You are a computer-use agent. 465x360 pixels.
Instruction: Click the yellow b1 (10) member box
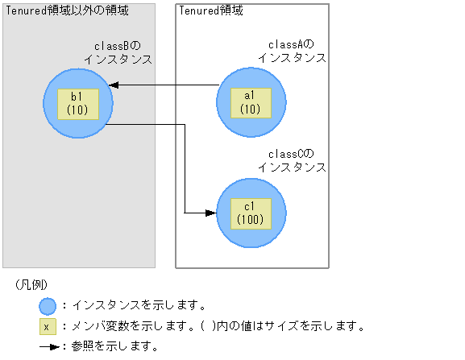click(78, 103)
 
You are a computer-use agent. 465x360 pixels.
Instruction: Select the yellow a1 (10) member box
click(251, 103)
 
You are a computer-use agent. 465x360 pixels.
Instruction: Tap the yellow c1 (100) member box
click(251, 213)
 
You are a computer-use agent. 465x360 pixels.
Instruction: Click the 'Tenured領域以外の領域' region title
click(67, 10)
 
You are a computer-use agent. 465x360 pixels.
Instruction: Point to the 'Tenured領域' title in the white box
click(211, 10)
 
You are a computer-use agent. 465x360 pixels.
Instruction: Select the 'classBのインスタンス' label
click(118, 53)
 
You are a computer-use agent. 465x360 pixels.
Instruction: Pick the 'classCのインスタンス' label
click(292, 161)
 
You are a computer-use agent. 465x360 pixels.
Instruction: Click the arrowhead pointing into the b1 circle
click(114, 85)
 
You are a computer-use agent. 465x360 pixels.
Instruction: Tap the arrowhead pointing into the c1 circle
click(211, 213)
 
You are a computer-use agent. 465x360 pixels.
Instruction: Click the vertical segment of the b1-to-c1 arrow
click(185, 169)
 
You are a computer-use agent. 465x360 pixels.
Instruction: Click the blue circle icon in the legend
click(48, 306)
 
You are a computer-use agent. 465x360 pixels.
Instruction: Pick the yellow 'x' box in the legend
click(48, 327)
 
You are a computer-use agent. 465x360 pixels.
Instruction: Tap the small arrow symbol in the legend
click(48, 347)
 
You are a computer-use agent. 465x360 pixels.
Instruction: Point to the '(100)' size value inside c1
click(251, 219)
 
